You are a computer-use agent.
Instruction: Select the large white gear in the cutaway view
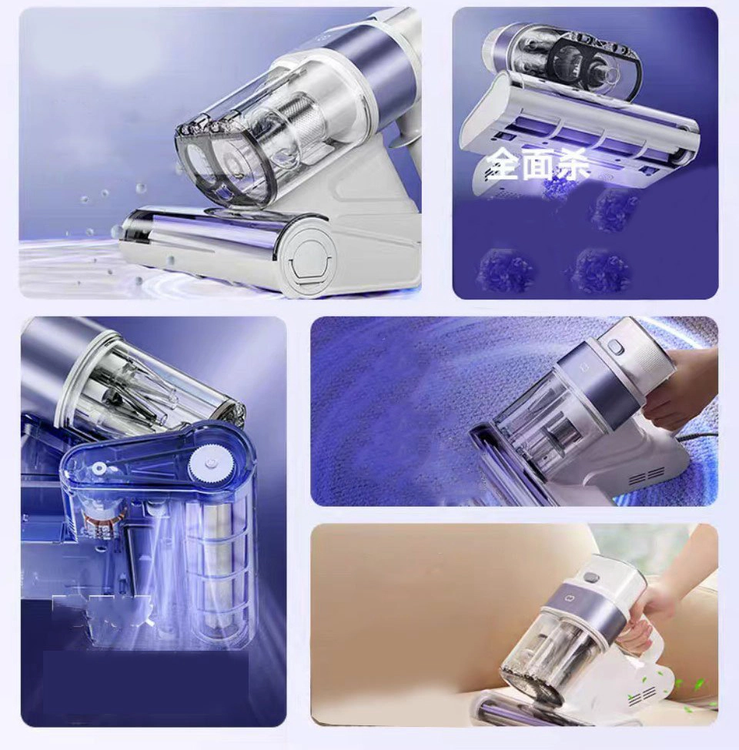208,462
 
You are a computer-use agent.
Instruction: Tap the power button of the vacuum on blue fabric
614,347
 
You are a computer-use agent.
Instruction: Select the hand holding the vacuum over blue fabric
684,388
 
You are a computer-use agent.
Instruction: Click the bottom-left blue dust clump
501,266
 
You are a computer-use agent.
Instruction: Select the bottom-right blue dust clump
597,266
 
